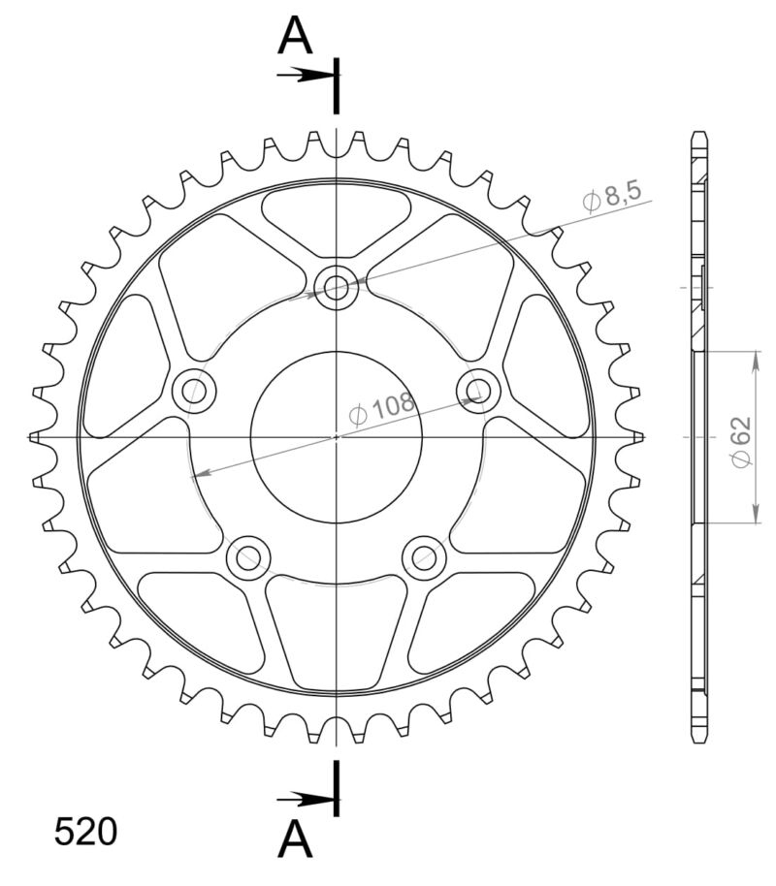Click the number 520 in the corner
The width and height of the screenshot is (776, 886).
[85, 833]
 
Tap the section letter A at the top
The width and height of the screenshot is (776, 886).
[296, 38]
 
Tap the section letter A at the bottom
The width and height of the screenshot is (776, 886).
[296, 840]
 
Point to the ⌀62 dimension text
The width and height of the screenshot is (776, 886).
[741, 442]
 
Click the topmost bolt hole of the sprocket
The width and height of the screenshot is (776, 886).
[337, 286]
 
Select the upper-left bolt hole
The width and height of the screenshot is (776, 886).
[194, 390]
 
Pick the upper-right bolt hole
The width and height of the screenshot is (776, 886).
[478, 390]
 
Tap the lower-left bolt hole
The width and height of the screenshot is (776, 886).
[248, 556]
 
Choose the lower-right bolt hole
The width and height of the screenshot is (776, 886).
[424, 556]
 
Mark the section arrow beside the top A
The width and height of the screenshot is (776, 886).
[307, 74]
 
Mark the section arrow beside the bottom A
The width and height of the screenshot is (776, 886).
[307, 800]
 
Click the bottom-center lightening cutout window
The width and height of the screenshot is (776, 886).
[337, 629]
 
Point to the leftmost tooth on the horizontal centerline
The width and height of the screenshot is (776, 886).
[35, 437]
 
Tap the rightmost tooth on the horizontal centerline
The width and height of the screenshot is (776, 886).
[637, 437]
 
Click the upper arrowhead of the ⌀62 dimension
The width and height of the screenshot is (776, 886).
[755, 358]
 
